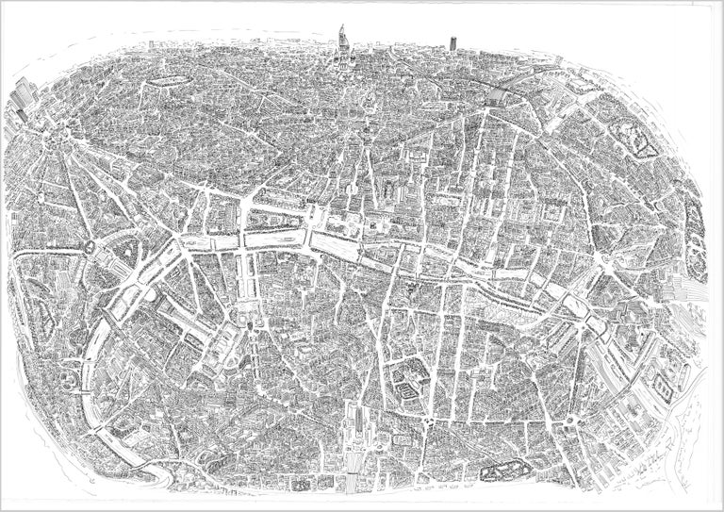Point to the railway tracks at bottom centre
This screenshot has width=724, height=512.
(358, 462)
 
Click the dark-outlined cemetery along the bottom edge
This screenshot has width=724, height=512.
(503, 470)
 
